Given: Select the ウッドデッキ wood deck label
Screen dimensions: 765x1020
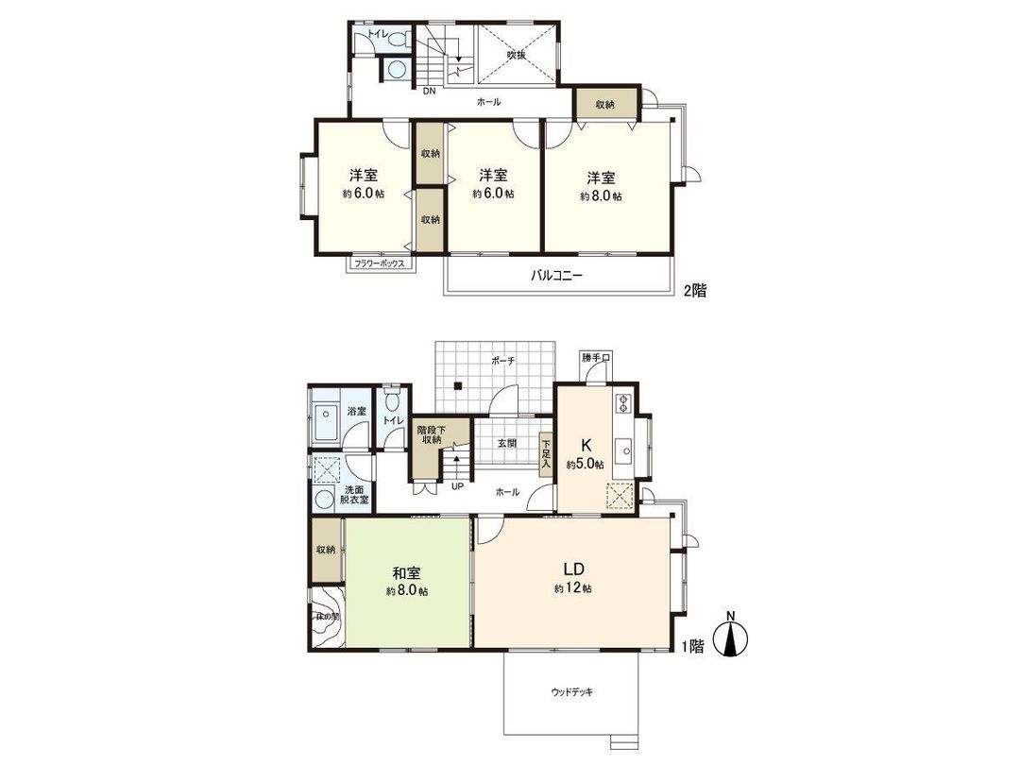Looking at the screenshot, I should tap(572, 692).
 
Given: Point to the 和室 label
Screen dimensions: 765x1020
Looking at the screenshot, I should tap(406, 573).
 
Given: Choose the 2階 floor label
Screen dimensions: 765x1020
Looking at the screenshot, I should tap(694, 291).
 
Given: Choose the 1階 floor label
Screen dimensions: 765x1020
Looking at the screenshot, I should tap(694, 647).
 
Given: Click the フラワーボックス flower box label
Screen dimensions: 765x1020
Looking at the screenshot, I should tap(379, 263).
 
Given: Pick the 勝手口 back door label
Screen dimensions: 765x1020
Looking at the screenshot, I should tap(596, 358).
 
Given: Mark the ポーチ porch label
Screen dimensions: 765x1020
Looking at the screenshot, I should tap(501, 361).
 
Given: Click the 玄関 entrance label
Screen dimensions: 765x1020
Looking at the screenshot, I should tap(505, 443).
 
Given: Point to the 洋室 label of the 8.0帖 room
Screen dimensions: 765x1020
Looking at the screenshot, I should tap(601, 178).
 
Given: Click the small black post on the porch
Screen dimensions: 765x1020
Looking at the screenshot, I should tap(457, 385).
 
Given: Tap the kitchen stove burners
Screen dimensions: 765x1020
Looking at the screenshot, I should tap(622, 403).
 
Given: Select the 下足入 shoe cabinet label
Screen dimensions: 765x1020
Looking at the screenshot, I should tap(546, 452).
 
